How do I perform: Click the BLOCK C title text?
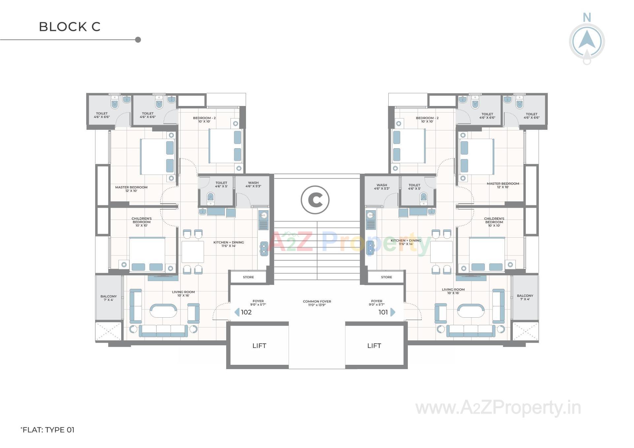70,27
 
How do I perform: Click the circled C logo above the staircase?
315,200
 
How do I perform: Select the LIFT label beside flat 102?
259,346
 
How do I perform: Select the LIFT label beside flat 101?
374,346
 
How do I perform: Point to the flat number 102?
246,312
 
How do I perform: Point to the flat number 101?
383,312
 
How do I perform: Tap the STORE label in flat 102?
248,277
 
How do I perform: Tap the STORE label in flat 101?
386,277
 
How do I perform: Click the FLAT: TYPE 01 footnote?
48,430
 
